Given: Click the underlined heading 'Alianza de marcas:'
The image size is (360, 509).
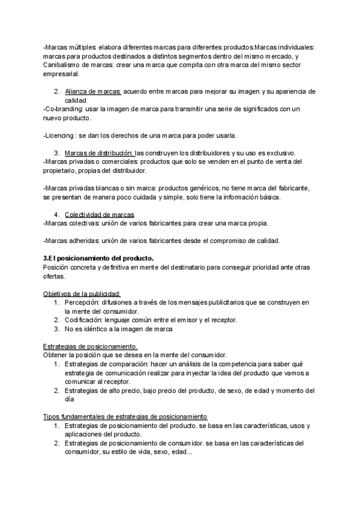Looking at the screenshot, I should click(93, 92).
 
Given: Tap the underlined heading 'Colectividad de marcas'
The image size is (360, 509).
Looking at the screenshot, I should click(100, 214).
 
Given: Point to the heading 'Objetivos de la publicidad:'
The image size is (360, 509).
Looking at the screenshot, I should click(82, 294).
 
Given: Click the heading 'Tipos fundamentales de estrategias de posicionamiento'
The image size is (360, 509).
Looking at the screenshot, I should click(125, 417).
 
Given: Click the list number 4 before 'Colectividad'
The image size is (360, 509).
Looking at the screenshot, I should click(55, 214).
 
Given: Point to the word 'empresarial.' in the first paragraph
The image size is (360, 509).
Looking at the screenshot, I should click(62, 74).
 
